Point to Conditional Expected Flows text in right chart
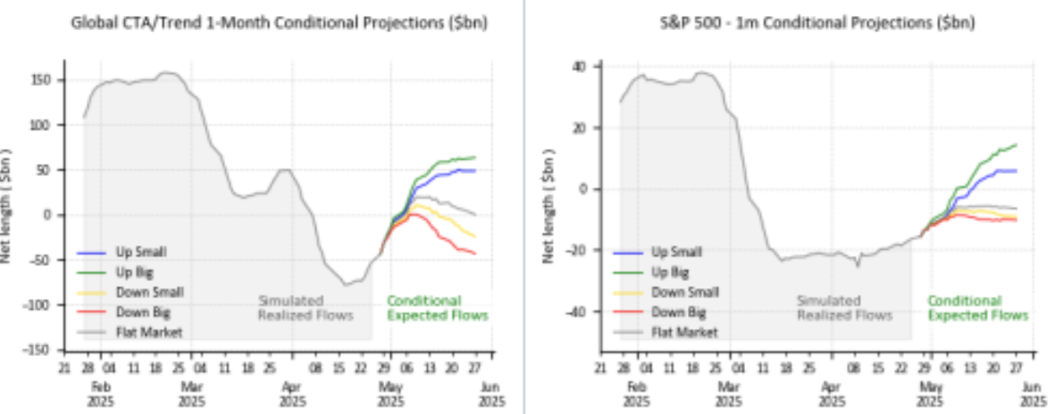click(x=977, y=308)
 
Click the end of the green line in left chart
click(x=475, y=157)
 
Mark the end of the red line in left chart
click(x=475, y=253)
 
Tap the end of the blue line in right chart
click(x=1017, y=170)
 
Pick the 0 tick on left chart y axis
click(x=55, y=215)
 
